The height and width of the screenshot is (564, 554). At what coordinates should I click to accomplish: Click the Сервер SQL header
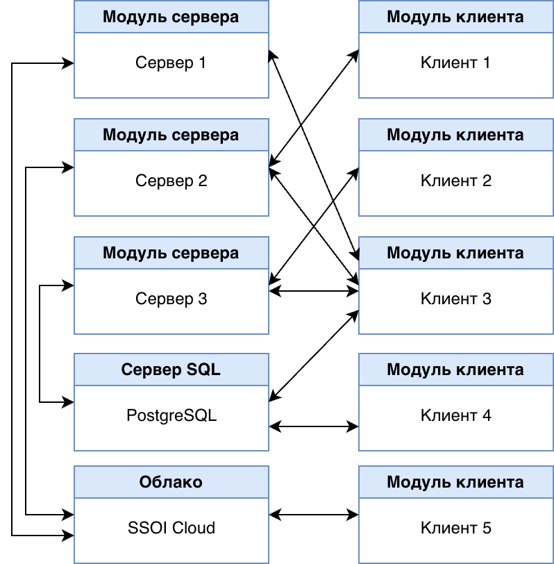click(x=171, y=370)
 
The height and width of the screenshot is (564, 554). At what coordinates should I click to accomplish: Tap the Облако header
click(x=171, y=482)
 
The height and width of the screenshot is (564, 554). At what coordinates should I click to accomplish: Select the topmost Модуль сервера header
click(x=171, y=17)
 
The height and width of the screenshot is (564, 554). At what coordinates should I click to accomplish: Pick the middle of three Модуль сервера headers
click(x=171, y=135)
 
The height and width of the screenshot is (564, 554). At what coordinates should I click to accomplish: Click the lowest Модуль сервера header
click(x=171, y=253)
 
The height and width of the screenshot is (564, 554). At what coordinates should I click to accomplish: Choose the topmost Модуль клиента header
click(x=455, y=17)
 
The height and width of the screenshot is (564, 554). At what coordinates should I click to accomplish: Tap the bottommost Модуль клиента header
click(x=455, y=482)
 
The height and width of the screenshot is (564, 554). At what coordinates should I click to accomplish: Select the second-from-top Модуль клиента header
click(x=455, y=135)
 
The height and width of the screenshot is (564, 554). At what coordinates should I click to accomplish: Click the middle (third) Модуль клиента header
click(x=455, y=253)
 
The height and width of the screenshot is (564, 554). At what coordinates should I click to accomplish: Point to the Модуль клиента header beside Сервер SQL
click(x=455, y=370)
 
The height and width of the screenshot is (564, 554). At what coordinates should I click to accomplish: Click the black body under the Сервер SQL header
click(x=171, y=418)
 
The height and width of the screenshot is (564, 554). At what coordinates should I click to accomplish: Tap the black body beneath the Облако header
click(x=171, y=530)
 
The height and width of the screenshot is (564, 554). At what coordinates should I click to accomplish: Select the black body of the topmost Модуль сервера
click(x=171, y=65)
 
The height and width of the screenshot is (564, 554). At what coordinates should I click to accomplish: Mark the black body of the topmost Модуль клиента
click(x=455, y=65)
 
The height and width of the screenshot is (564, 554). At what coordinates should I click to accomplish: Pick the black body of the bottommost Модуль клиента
click(x=455, y=530)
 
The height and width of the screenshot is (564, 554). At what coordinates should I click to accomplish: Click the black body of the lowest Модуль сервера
click(x=171, y=301)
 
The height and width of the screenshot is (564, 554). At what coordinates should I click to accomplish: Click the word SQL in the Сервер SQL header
click(x=203, y=370)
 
